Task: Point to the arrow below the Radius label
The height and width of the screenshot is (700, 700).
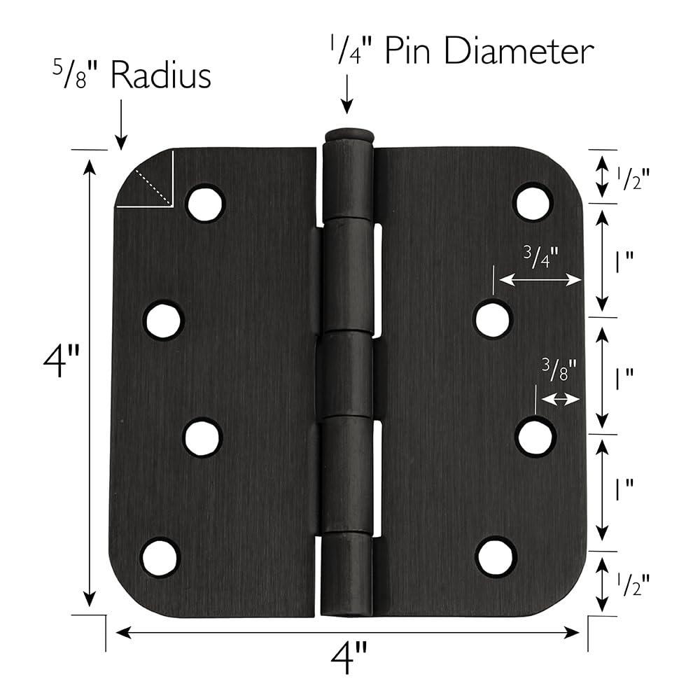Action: tap(121, 122)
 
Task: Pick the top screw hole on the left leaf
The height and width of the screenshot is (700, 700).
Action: tap(204, 203)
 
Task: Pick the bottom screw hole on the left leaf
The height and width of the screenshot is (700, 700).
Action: tap(161, 556)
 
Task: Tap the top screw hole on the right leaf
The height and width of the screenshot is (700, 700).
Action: tap(533, 202)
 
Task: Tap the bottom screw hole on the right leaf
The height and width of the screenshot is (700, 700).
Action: tap(496, 557)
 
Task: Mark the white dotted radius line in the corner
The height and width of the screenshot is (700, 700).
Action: tap(153, 188)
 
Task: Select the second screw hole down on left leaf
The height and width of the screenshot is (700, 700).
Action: tap(163, 321)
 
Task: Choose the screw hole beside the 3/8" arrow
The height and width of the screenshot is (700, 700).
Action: tap(535, 437)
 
